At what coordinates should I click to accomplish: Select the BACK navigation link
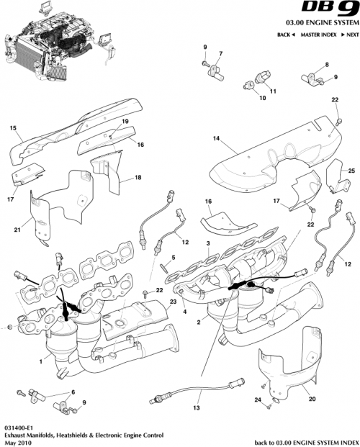pyautogui.click(x=285, y=35)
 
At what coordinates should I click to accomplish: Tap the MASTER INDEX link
pyautogui.click(x=316, y=35)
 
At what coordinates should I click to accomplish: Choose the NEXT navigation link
pyautogui.click(x=349, y=35)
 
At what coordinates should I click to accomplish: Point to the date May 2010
pyautogui.click(x=16, y=442)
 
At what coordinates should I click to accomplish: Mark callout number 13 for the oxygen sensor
pyautogui.click(x=196, y=407)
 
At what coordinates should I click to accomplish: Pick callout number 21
pyautogui.click(x=16, y=230)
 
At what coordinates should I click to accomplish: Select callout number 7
pyautogui.click(x=220, y=55)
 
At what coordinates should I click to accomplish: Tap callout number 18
pyautogui.click(x=138, y=177)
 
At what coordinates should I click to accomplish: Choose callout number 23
pyautogui.click(x=174, y=302)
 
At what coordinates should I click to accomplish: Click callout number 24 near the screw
pyautogui.click(x=257, y=399)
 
